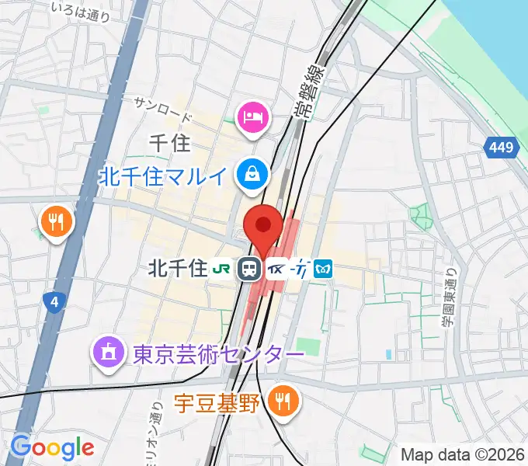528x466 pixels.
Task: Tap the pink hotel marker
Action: (x=253, y=119)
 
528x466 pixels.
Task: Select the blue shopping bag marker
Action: (x=253, y=173)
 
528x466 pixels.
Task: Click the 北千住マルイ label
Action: (x=164, y=176)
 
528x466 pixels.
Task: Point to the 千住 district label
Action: (x=168, y=142)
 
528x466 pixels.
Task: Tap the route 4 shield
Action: (x=54, y=301)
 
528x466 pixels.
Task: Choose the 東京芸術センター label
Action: (x=207, y=354)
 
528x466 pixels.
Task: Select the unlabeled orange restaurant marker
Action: (x=57, y=224)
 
